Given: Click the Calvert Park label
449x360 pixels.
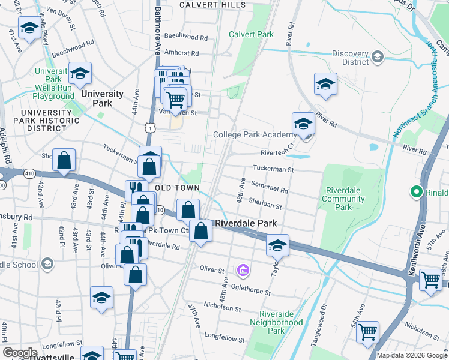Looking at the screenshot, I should [x=251, y=34].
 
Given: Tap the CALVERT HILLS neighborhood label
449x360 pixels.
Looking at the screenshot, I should [x=212, y=5].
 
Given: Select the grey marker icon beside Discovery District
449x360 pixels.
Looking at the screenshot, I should [x=378, y=57].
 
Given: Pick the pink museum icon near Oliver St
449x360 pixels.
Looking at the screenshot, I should [x=243, y=271].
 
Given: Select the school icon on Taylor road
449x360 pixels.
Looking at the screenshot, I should [x=277, y=245].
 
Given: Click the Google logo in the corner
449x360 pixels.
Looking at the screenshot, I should [x=20, y=353].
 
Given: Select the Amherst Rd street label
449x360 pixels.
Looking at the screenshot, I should [x=185, y=53].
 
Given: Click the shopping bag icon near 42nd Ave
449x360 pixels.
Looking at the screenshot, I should [x=64, y=160].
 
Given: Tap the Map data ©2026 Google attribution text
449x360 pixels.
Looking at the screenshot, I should [x=412, y=355].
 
